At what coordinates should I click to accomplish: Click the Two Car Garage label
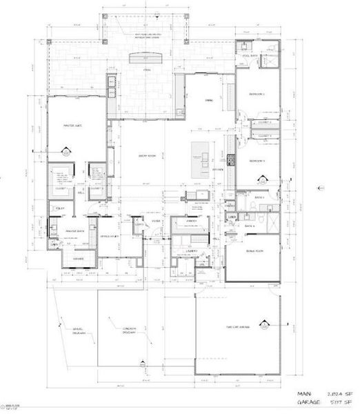tap(236, 327)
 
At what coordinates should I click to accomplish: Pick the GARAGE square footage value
tap(331, 400)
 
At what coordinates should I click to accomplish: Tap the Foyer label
tap(156, 222)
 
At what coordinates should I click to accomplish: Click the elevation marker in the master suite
tap(67, 152)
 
